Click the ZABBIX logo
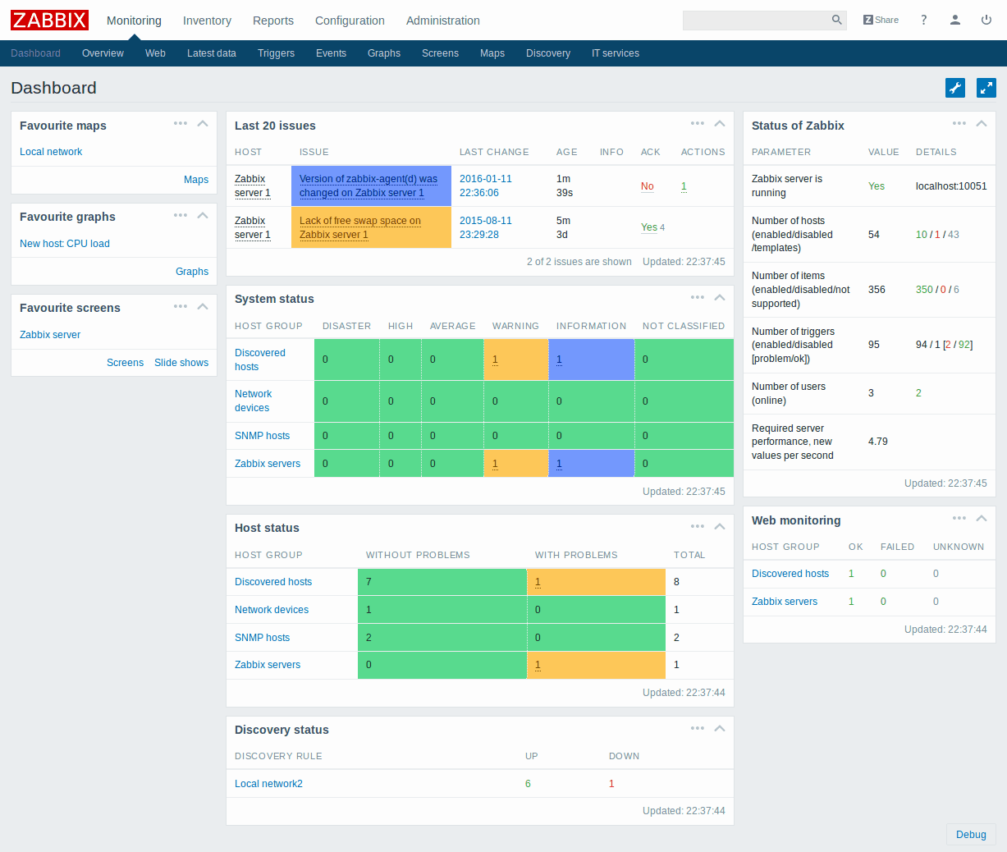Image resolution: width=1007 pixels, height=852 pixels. pos(49,20)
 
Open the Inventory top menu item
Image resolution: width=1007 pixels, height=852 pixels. pos(207,21)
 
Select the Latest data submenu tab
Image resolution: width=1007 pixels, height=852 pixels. pos(211,53)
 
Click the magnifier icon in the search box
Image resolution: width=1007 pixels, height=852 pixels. pos(836,20)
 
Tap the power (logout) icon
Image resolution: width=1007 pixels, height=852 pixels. pos(986,20)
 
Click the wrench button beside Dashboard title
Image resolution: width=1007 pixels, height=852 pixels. pos(955,88)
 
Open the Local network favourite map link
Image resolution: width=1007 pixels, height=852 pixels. pos(51,152)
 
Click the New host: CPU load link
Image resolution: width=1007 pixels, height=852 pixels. pos(65,244)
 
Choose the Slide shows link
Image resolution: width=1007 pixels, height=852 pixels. pos(181,363)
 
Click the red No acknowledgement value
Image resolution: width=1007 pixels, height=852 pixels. pos(647,186)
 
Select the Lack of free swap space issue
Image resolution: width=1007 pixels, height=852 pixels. pos(360,227)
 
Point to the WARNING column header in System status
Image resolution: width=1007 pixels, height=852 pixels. pos(515,326)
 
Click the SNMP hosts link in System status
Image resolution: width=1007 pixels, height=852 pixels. pos(262,436)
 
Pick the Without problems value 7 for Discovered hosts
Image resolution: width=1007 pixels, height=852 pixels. pos(368,582)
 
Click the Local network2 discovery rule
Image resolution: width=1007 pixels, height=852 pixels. pos(268,784)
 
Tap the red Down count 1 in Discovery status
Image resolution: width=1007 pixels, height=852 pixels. pos(611,784)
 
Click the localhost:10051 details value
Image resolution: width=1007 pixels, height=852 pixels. pos(951,186)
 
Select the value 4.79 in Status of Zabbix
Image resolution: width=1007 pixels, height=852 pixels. pos(878,442)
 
